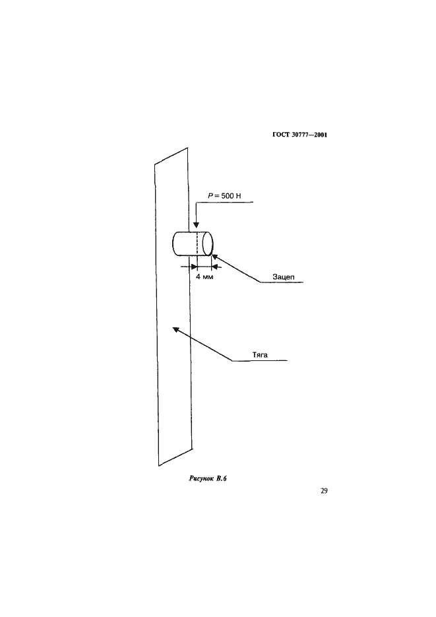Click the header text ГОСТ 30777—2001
pos(299,135)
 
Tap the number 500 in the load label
pos(228,195)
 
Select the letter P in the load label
pos(210,195)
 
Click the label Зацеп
pos(284,277)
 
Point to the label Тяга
pos(260,355)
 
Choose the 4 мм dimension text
pos(204,276)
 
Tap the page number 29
pos(324,491)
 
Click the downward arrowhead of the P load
pos(196,226)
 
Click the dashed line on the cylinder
pos(196,244)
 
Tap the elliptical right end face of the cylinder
pos(208,244)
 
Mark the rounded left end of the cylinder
pos(173,244)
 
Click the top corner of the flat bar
pos(187,148)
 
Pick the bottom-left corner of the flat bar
pos(159,467)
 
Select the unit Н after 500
pos(238,195)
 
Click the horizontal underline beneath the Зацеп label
pos(282,282)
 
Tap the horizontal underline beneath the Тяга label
pos(260,360)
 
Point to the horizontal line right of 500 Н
pos(226,202)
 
